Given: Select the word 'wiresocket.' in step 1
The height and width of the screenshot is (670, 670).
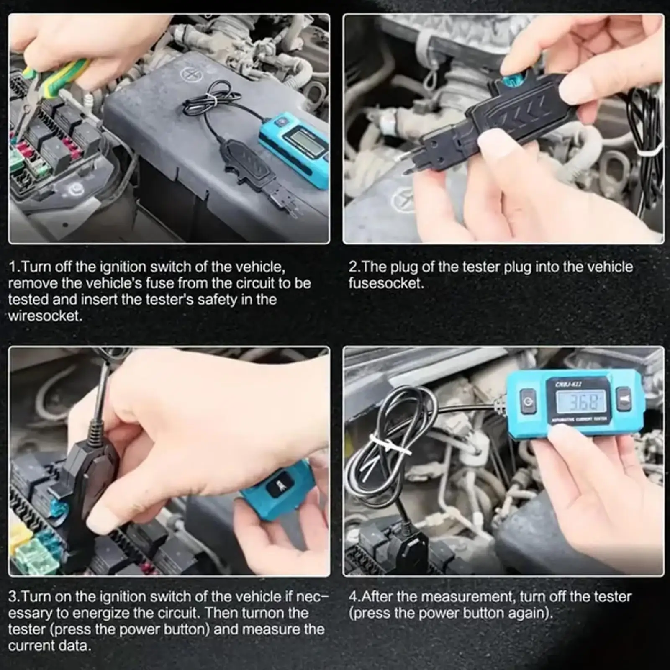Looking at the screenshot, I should click(x=45, y=316).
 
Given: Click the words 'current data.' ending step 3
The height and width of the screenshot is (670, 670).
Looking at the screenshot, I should click(x=49, y=646).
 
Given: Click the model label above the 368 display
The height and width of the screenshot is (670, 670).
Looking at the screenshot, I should click(x=568, y=385).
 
